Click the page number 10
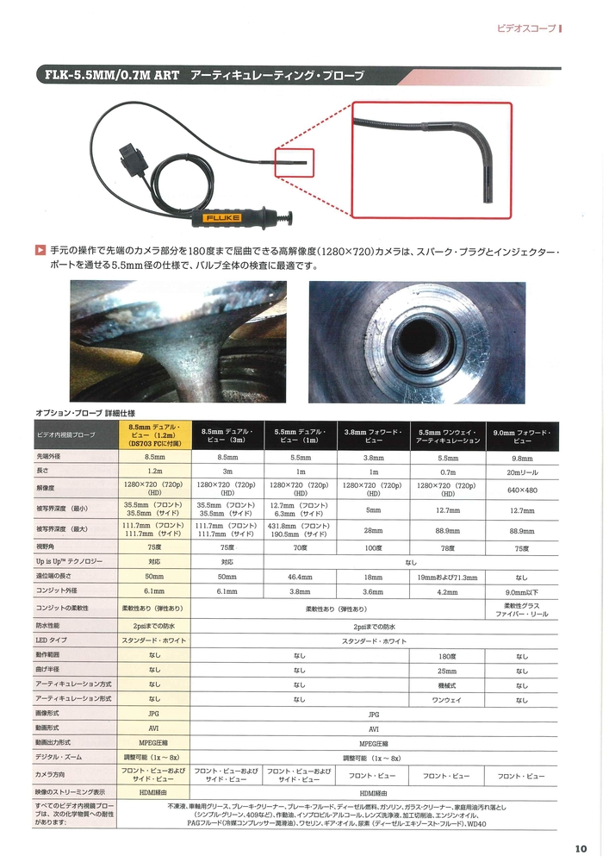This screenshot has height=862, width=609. [580, 846]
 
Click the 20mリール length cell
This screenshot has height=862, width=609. [522, 472]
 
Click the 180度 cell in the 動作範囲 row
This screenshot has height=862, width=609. [448, 656]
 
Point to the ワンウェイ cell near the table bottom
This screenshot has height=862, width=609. [448, 700]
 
